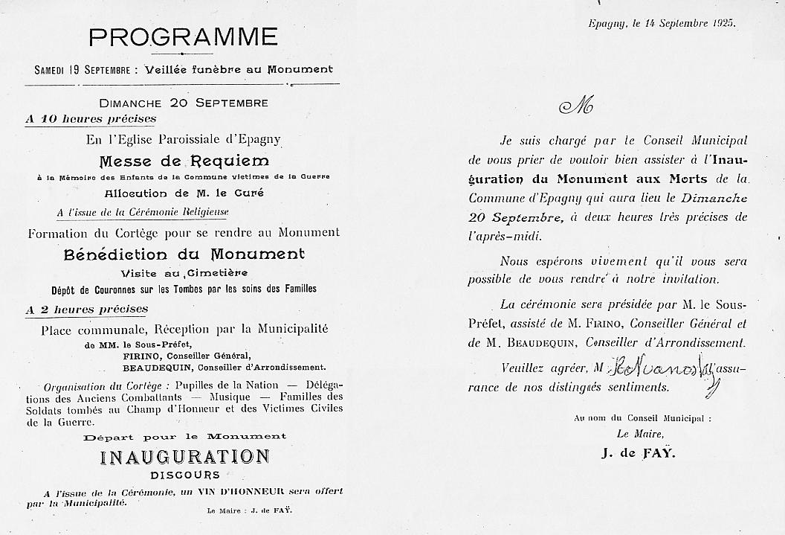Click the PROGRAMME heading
coord(183,36)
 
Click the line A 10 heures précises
coord(91,118)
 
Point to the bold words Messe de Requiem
coord(184,161)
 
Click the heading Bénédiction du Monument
coord(184,254)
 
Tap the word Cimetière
coord(222,273)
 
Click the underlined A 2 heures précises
coord(87,309)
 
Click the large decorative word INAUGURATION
coord(184,456)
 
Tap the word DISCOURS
coord(184,475)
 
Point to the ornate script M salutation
coord(576,107)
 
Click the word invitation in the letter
coord(687,280)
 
